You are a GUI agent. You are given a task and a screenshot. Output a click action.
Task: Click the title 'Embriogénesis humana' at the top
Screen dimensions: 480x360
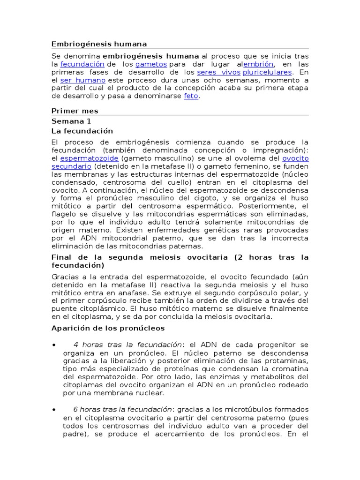pyautogui.click(x=99, y=44)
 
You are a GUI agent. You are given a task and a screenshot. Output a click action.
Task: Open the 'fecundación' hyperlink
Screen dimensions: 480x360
pyautogui.click(x=82, y=64)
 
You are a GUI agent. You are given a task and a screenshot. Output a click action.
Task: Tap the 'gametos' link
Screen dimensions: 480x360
pyautogui.click(x=151, y=64)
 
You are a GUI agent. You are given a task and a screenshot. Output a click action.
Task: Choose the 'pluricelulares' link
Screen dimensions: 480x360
pyautogui.click(x=267, y=72)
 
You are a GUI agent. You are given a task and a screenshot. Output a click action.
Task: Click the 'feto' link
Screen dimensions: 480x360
pyautogui.click(x=191, y=96)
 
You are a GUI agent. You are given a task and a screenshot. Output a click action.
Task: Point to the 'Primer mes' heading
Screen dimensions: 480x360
pyautogui.click(x=75, y=111)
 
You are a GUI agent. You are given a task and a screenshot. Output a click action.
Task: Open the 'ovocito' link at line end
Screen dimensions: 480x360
pyautogui.click(x=296, y=158)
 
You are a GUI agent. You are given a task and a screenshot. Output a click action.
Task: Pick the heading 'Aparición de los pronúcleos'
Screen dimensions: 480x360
pyautogui.click(x=108, y=328)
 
